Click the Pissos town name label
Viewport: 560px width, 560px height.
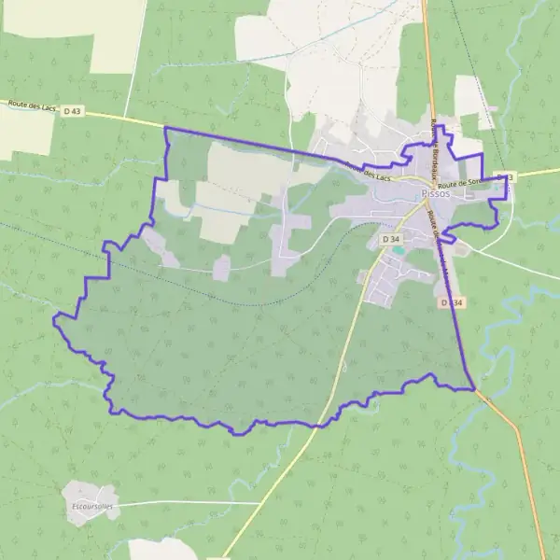[x=435, y=193]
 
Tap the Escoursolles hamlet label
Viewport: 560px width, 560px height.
[x=91, y=507]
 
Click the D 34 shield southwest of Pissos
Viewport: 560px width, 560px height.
[x=391, y=240]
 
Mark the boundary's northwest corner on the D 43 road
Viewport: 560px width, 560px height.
[x=165, y=127]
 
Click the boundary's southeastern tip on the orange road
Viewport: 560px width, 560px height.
[x=475, y=388]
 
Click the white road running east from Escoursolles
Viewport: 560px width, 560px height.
[x=187, y=503]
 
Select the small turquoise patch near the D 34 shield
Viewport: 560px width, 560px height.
[x=399, y=250]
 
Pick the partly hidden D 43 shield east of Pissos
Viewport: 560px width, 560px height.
[x=508, y=175]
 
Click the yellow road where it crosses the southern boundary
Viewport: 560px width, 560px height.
[x=328, y=422]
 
